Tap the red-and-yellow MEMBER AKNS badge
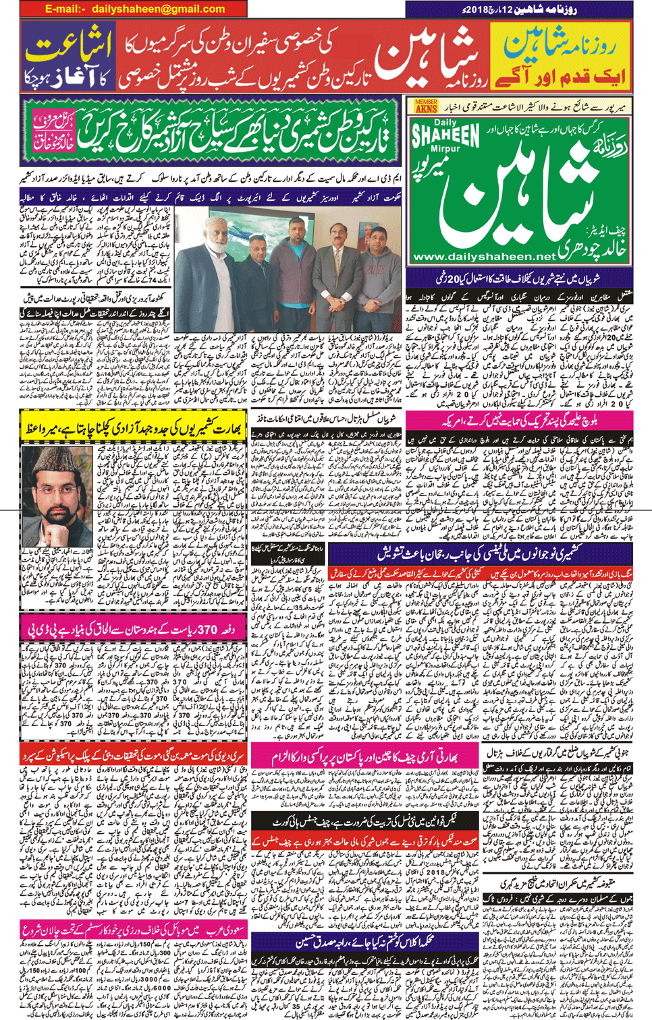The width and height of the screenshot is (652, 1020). [426, 106]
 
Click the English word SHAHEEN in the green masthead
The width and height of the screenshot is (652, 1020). [445, 133]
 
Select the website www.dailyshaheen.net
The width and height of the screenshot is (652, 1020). [483, 256]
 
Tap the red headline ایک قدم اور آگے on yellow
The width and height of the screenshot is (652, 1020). [561, 76]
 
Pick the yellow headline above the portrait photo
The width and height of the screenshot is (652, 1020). [134, 429]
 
